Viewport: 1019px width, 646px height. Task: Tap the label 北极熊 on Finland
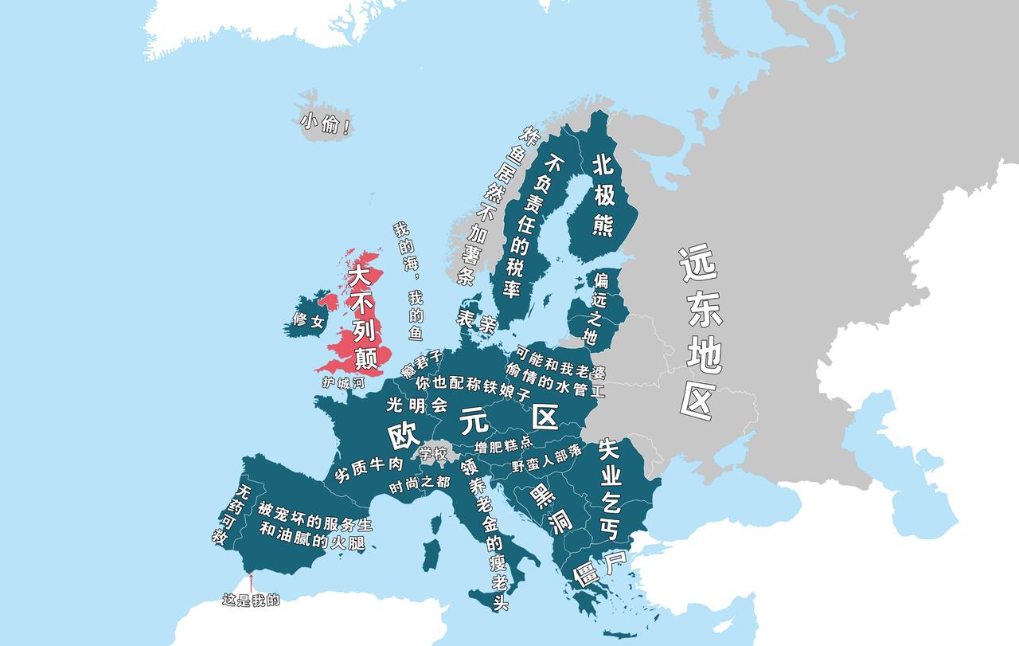click(x=603, y=195)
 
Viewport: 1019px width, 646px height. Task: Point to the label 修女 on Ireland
click(x=308, y=321)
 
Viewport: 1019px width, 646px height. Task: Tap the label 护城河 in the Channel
click(x=342, y=382)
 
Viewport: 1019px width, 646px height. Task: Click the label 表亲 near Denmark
click(x=477, y=320)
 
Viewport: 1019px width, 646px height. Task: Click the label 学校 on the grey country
click(x=433, y=454)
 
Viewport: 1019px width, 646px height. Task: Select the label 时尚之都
click(x=420, y=484)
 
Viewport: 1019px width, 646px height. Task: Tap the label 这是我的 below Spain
click(x=251, y=600)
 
